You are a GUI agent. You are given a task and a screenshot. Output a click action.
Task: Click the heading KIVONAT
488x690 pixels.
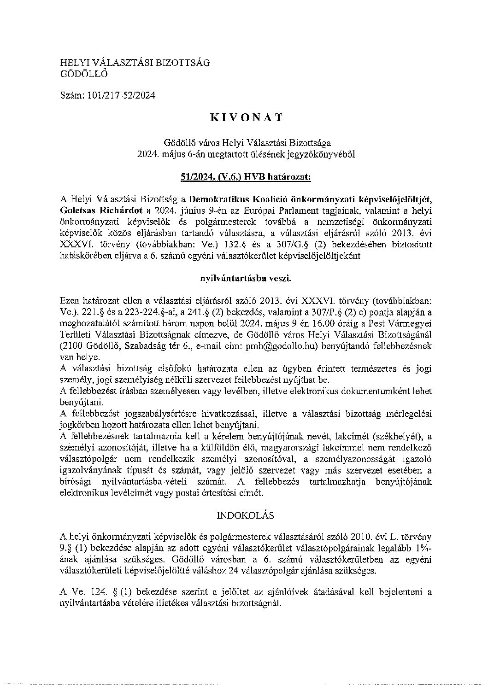click(246, 117)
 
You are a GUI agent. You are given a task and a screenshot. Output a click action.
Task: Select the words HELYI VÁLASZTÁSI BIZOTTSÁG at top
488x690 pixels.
click(135, 62)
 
